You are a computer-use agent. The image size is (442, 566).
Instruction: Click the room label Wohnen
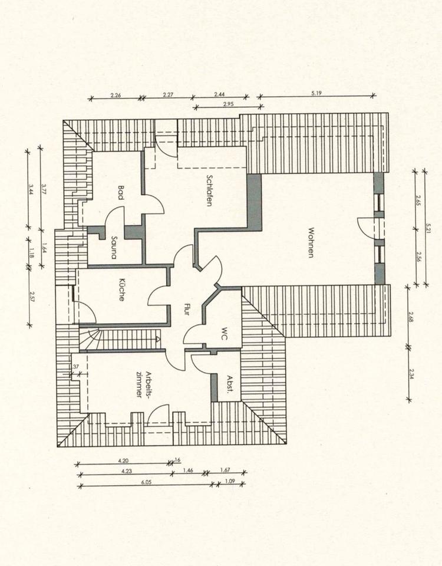coord(311,242)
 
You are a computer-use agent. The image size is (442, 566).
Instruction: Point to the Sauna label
coord(113,248)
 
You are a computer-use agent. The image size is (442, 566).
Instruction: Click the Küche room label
coord(121,290)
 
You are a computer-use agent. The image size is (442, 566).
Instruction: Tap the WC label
coord(224,334)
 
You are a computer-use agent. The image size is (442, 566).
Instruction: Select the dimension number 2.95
coord(229,104)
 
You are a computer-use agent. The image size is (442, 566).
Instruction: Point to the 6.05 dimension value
coord(146,482)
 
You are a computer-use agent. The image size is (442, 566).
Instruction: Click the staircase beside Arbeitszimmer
coord(121,340)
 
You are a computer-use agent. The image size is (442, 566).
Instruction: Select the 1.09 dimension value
coord(230,482)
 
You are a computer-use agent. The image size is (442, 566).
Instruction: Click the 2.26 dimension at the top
coord(116,94)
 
